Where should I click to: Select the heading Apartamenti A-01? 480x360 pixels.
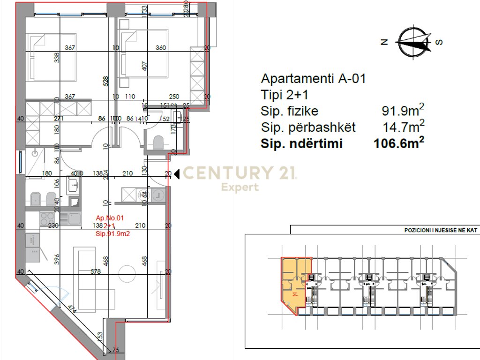[313, 78]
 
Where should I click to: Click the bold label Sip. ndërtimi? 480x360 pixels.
[301, 144]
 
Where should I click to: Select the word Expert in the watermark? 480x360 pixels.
[240, 187]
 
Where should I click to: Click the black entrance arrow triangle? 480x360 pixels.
[177, 174]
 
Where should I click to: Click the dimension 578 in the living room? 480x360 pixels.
[96, 271]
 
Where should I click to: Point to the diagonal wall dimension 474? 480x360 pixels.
[72, 310]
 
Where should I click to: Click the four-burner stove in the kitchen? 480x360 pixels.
[47, 217]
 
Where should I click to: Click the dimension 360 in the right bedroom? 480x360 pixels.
[161, 48]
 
